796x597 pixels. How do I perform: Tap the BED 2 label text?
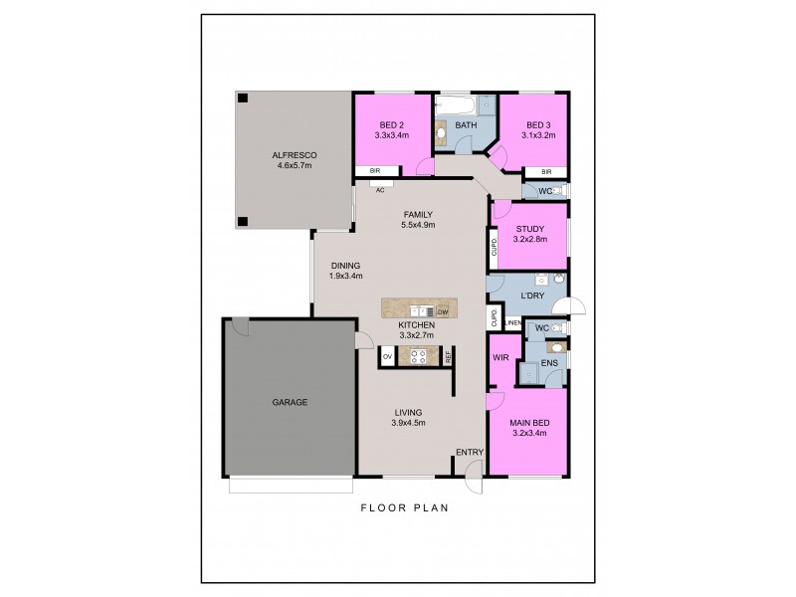point(386,125)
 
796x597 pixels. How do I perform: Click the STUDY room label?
point(529,229)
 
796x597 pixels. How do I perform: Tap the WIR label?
point(500,357)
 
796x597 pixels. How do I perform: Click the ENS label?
point(548,363)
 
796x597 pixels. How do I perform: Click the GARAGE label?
point(291,403)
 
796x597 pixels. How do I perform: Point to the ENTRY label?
point(469,453)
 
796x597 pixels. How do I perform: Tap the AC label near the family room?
point(380,189)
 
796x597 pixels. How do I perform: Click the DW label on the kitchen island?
point(443,312)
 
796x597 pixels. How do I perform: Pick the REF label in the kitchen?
point(449,355)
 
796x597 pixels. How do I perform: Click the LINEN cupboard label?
point(513,322)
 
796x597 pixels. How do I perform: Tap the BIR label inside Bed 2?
point(375,171)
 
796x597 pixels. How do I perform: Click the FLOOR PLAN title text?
point(404,507)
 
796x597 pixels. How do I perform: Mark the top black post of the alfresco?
point(242,98)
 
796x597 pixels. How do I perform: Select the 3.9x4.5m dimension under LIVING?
point(408,423)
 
